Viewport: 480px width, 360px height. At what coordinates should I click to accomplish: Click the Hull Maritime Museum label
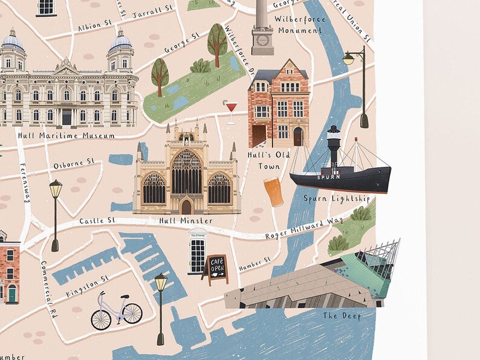(66, 136)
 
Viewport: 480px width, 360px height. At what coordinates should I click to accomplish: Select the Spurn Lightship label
(336, 198)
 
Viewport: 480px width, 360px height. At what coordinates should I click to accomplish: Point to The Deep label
(342, 316)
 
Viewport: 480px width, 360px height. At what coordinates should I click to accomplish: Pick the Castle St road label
(97, 222)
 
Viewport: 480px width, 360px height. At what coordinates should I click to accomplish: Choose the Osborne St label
(74, 164)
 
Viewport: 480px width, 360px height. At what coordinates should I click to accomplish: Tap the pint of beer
(273, 191)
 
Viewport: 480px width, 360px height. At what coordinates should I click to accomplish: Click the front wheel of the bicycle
(132, 313)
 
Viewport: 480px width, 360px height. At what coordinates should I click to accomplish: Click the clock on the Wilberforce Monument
(262, 40)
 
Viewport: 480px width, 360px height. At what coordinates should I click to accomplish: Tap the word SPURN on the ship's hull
(327, 177)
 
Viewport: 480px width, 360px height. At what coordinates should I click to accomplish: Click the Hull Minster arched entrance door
(186, 207)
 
